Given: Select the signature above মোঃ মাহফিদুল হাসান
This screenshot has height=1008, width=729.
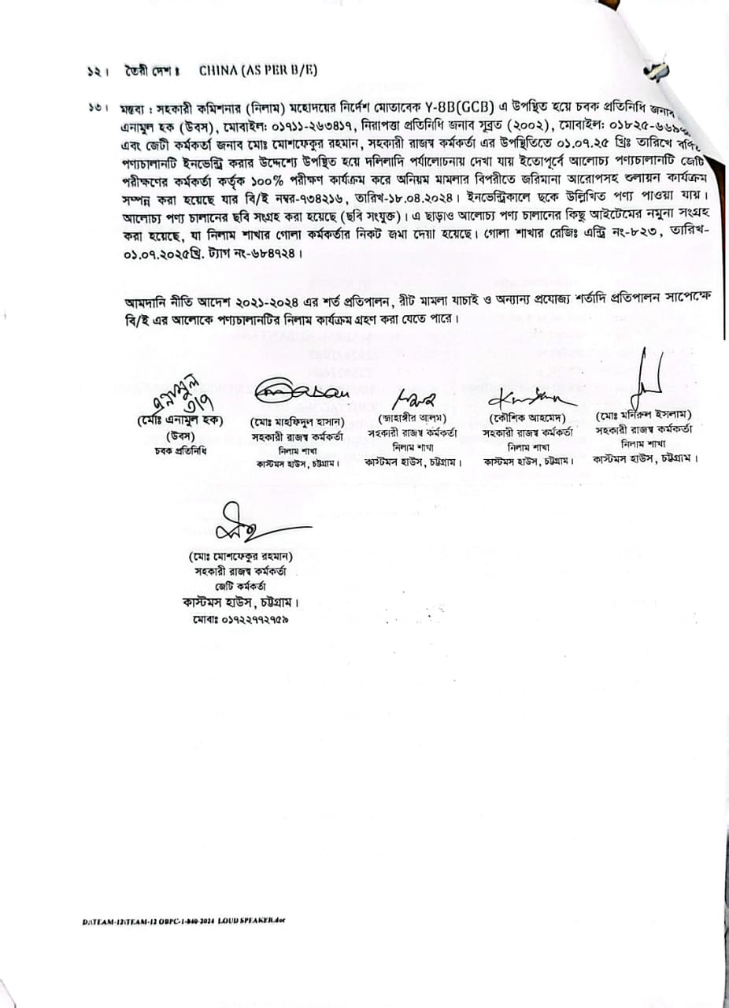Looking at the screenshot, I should [x=295, y=391].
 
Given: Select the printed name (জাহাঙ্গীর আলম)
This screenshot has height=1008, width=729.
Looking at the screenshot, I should [x=412, y=417].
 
